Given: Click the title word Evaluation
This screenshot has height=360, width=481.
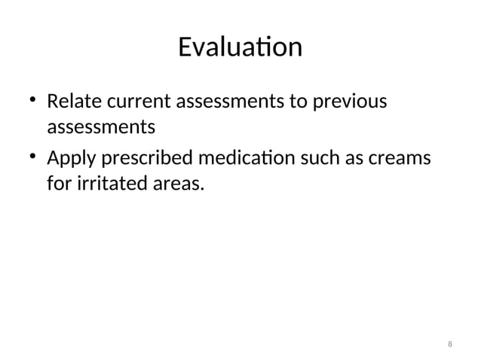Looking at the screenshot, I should point(240,47).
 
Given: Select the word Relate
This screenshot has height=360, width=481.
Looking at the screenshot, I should point(72,101).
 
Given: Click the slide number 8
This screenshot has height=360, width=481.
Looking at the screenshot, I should point(450,344).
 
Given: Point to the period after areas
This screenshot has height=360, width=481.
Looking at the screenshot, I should point(202,188).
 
